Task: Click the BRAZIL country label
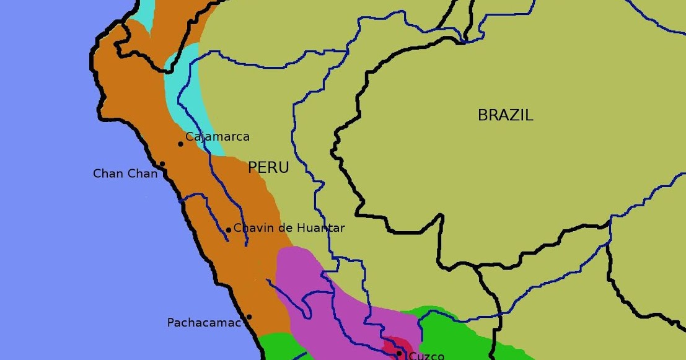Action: pos(505,115)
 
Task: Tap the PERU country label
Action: pos(268,167)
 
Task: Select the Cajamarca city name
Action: pos(218,137)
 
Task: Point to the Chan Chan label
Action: pos(125,173)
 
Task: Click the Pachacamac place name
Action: pos(204,323)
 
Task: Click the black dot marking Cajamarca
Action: pos(181,144)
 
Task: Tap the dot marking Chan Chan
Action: pos(162,164)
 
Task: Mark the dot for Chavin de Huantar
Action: pos(229,230)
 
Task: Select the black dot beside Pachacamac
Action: pos(249,317)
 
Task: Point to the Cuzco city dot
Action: pos(399,353)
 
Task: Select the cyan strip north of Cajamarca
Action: pos(186,93)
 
